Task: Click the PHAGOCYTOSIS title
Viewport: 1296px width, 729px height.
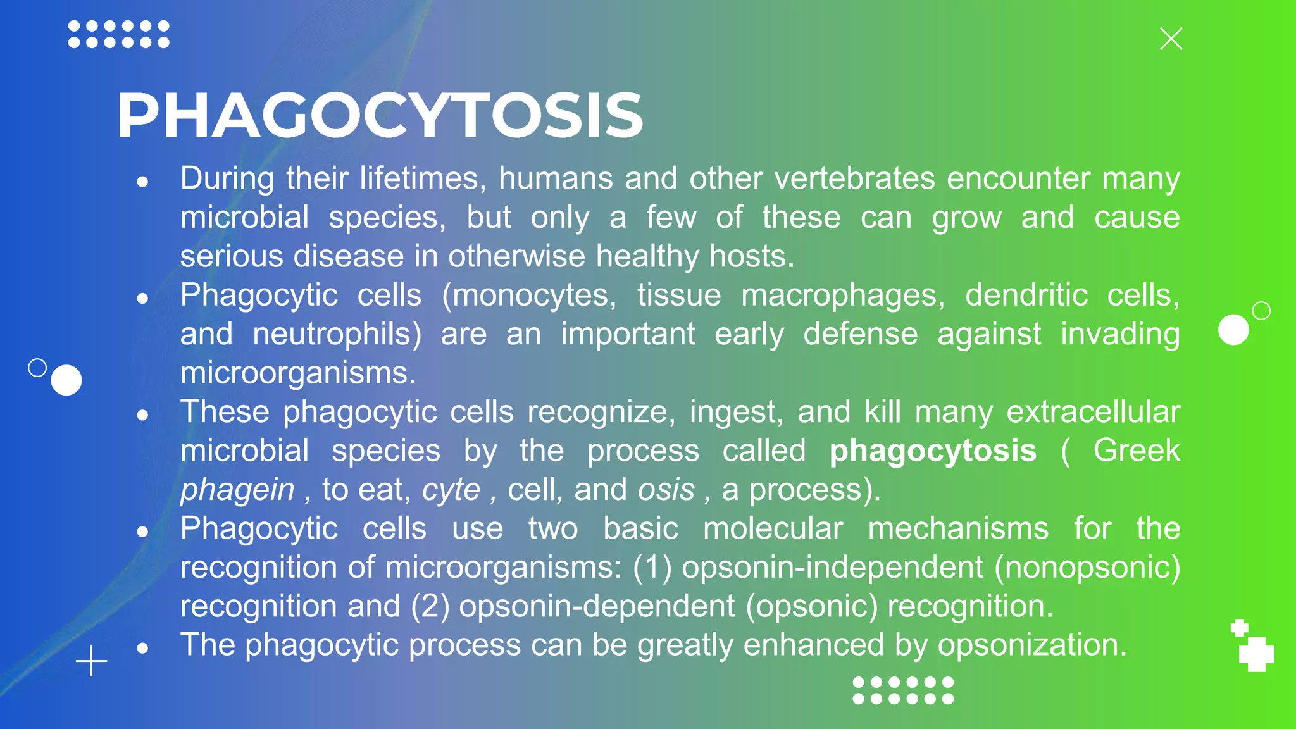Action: (380, 115)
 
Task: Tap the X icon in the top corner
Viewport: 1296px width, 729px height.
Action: (1171, 39)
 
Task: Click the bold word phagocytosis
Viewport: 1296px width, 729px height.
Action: (933, 451)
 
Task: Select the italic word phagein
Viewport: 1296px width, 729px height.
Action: (237, 490)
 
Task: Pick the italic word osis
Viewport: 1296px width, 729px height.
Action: (666, 490)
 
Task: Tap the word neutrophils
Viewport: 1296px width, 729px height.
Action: (336, 334)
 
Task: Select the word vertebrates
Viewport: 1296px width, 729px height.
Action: (855, 178)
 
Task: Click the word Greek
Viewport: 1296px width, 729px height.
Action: (1137, 451)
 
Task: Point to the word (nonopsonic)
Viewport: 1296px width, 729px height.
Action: (1087, 567)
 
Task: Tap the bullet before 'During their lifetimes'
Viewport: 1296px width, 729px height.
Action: (142, 182)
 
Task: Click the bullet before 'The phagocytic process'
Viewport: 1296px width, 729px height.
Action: (142, 648)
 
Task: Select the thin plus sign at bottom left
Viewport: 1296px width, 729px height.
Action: (92, 661)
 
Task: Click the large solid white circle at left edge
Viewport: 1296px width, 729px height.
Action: (66, 380)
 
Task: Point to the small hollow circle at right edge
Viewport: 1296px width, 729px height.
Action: (1261, 311)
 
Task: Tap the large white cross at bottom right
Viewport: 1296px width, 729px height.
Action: (1256, 654)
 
